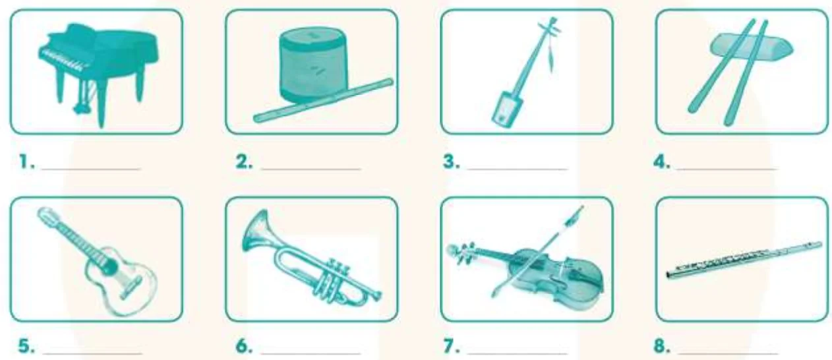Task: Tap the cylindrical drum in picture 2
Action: pyautogui.click(x=314, y=67)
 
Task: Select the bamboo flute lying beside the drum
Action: pyautogui.click(x=323, y=101)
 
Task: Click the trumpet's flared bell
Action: pyautogui.click(x=256, y=232)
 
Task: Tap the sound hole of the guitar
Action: pyautogui.click(x=109, y=266)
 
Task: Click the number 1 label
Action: pyautogui.click(x=27, y=162)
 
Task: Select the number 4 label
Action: pyautogui.click(x=661, y=162)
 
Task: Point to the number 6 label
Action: pyautogui.click(x=245, y=346)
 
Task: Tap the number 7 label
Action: pyautogui.click(x=452, y=346)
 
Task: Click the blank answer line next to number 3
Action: pyautogui.click(x=518, y=169)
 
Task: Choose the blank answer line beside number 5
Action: pyautogui.click(x=92, y=353)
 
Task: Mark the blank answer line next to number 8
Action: pyautogui.click(x=728, y=353)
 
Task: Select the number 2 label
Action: pyautogui.click(x=245, y=162)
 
